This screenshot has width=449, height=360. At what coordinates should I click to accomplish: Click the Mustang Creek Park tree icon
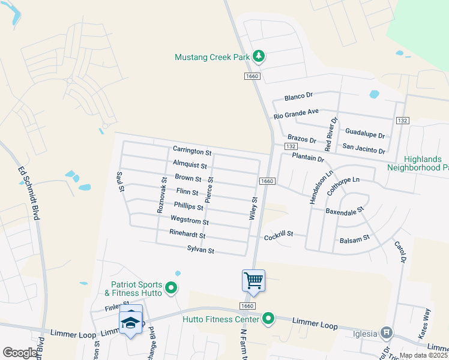click(259, 56)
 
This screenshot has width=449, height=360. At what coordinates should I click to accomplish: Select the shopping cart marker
click(253, 280)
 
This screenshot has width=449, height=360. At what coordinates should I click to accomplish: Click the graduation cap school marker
click(131, 322)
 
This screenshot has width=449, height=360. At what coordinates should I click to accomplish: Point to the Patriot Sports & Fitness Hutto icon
click(170, 289)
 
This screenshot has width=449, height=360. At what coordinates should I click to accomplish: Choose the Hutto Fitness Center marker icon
click(268, 319)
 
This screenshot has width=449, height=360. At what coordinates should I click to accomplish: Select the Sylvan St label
click(200, 250)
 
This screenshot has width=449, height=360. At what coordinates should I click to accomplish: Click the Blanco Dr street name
click(299, 96)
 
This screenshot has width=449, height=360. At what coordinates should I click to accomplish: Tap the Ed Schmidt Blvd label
click(29, 193)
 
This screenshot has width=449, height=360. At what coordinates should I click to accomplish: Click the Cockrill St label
click(279, 234)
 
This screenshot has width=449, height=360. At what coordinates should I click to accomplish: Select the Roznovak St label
click(161, 195)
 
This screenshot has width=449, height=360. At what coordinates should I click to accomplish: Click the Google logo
click(20, 353)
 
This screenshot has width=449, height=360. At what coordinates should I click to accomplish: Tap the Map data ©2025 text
click(422, 355)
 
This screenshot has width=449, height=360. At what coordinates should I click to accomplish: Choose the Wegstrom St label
click(190, 221)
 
